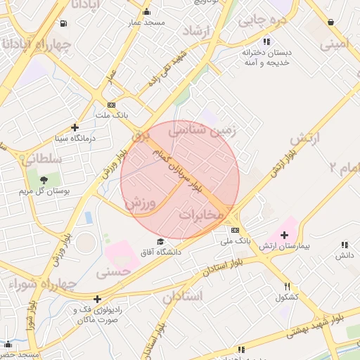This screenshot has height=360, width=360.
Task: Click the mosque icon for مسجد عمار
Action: [x=146, y=12]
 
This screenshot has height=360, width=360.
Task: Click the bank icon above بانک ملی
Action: [x=235, y=230]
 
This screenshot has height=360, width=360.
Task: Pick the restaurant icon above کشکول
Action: [x=287, y=286]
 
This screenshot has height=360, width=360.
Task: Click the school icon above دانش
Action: [x=344, y=245]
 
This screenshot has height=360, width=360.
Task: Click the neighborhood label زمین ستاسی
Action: [x=214, y=131]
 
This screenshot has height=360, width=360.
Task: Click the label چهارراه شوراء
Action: [x=33, y=283]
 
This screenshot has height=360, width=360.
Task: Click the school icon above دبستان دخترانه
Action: [x=266, y=41]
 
